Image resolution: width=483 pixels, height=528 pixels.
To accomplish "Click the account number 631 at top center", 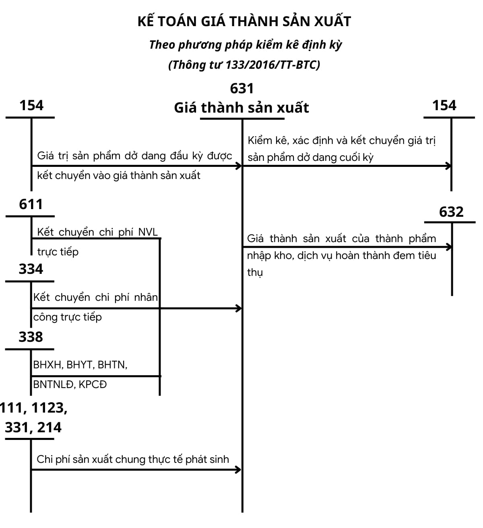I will tap(242, 88).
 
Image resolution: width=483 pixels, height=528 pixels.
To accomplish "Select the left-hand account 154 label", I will tap(31, 105).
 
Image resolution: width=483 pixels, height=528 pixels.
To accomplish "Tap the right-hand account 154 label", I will tap(444, 105).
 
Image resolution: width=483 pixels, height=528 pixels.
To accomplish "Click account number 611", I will tap(31, 204).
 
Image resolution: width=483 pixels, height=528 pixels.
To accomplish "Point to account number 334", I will tap(31, 269).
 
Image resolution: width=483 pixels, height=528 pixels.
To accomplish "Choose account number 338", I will tap(31, 337).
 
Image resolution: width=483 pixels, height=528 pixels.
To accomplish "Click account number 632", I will tap(451, 212).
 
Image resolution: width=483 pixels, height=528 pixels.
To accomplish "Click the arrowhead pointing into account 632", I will tap(449, 247).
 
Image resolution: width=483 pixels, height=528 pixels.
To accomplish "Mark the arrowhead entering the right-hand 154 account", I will tap(448, 166).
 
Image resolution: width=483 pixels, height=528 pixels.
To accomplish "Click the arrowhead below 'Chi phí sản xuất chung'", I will tap(239, 469).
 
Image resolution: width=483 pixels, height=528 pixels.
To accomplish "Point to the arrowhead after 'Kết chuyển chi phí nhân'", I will tap(239, 308).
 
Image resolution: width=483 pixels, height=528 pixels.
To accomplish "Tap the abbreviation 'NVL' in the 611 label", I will tap(148, 232).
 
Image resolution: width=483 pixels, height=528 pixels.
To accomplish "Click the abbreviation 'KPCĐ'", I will tap(93, 384).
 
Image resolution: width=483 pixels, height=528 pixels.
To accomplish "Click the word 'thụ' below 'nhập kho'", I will tap(255, 273).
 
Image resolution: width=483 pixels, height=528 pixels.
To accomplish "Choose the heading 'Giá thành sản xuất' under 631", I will tap(242, 108).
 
